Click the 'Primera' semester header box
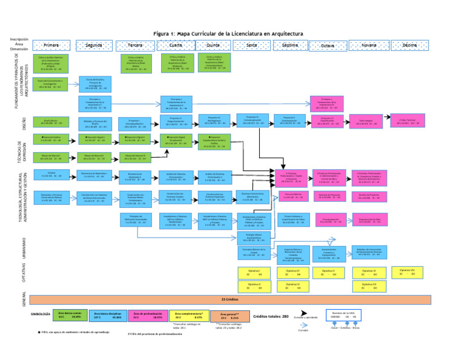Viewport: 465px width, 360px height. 51,45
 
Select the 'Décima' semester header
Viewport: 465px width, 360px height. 409,45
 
